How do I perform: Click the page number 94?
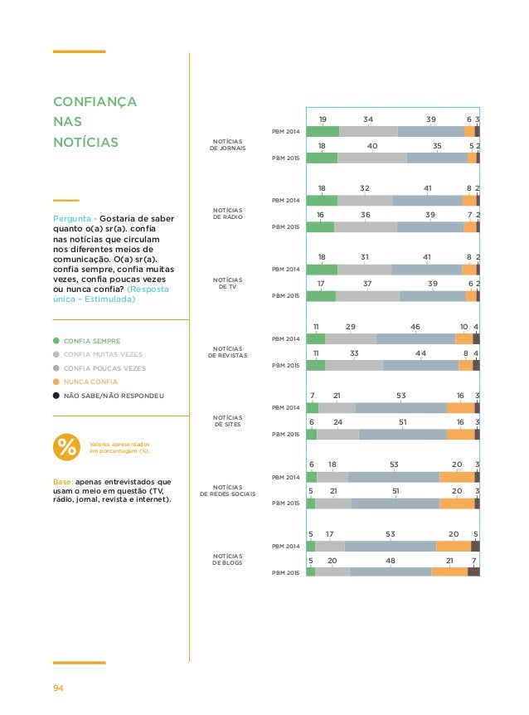(x=59, y=688)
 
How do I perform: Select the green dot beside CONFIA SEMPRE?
(x=56, y=340)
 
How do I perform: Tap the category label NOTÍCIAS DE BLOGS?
(x=226, y=560)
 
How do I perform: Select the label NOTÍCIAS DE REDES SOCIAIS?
(x=226, y=490)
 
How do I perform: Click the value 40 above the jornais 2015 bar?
(x=372, y=145)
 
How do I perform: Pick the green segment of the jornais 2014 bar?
(x=323, y=131)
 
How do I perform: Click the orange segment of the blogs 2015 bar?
(x=449, y=572)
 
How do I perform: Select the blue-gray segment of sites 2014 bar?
(x=400, y=407)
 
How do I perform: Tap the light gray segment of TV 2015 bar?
(x=367, y=296)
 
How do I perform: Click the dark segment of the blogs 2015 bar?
(x=473, y=572)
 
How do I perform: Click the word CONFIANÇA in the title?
(x=94, y=102)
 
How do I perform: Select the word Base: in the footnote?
(x=62, y=481)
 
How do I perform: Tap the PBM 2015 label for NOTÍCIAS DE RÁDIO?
(x=287, y=226)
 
